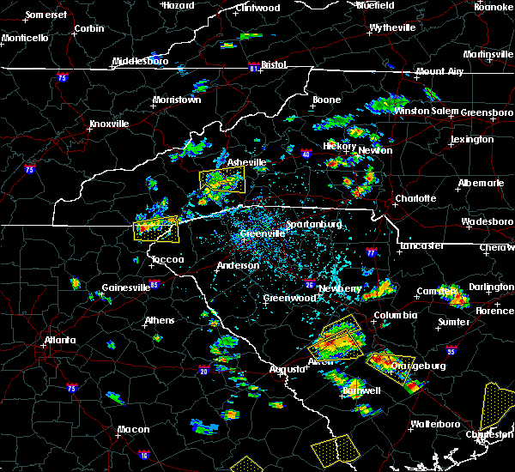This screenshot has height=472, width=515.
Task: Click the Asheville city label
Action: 246,162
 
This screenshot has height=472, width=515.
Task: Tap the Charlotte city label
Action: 415,198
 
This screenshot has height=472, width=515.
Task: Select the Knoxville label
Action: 109,124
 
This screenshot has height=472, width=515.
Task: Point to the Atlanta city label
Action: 61,340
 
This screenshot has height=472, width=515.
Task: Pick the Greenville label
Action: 263,233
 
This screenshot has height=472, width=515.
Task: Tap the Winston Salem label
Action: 426,112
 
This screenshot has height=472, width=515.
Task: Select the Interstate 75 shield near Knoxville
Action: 31,170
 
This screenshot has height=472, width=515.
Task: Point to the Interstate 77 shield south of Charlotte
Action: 371,253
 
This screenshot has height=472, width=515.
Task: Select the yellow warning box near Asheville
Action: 222,180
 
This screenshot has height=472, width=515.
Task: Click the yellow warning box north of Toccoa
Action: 156,229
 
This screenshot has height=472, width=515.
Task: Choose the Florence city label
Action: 493,310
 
